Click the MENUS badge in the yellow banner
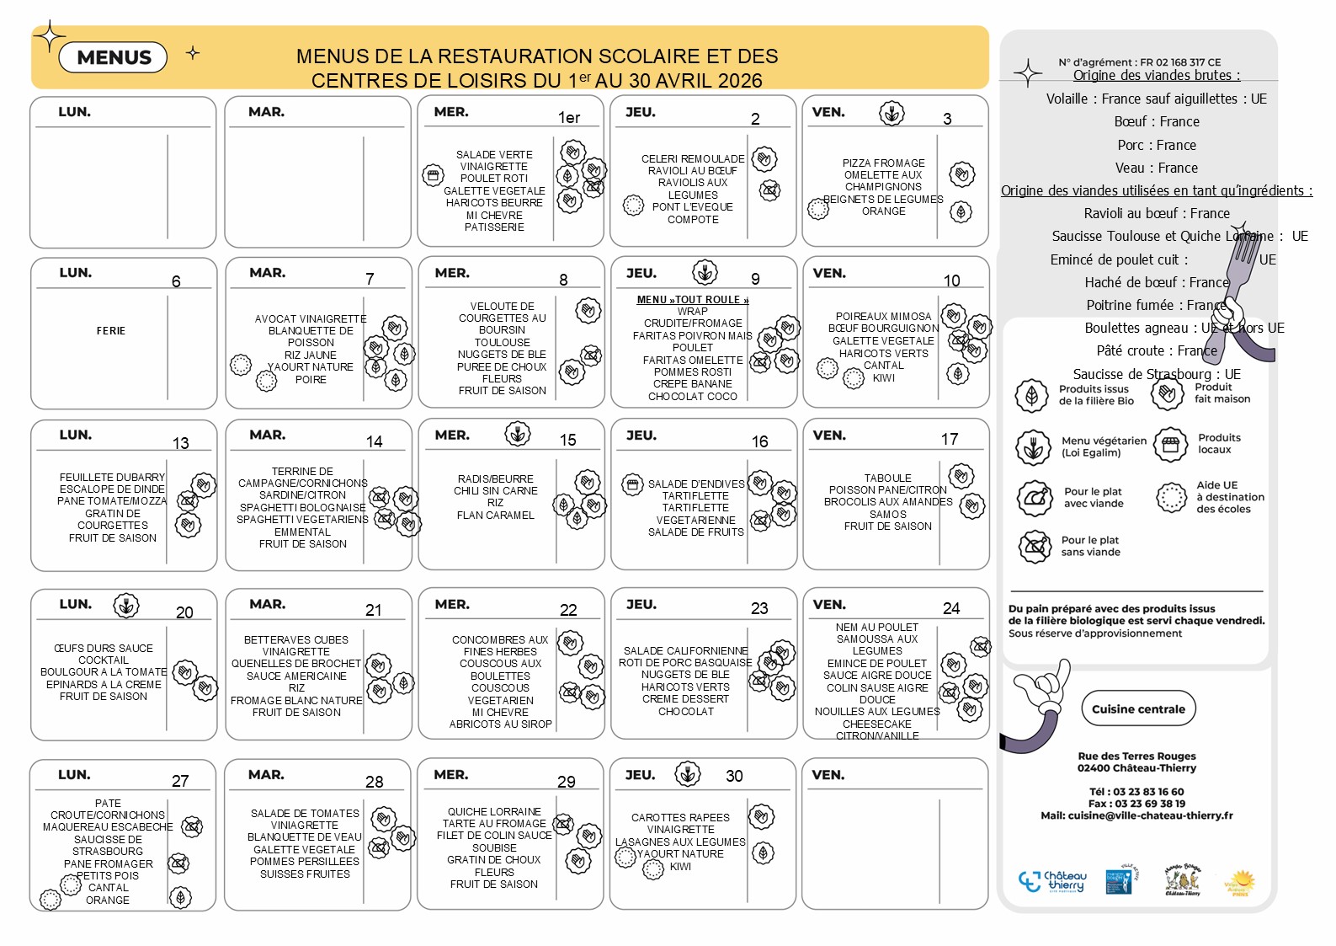tap(114, 57)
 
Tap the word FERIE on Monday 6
tap(111, 331)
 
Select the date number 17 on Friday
tap(950, 439)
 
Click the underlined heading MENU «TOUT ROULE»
tap(692, 300)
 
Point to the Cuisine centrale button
tap(1138, 709)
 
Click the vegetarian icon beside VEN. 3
tap(892, 113)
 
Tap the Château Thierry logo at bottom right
tap(1053, 882)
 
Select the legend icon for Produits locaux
tap(1170, 445)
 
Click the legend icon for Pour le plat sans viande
tap(1035, 547)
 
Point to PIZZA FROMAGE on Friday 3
tap(883, 163)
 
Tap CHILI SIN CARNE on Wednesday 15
tap(495, 491)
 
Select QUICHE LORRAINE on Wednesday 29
tap(494, 812)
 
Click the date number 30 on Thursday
tap(734, 776)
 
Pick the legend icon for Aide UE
tap(1170, 498)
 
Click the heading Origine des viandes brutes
tap(1156, 75)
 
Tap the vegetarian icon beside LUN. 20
tap(126, 606)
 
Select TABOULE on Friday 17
tap(887, 478)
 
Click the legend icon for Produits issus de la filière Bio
tap(1031, 396)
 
